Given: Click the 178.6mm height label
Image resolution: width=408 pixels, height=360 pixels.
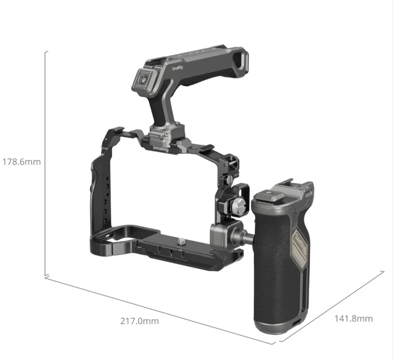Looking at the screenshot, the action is pos(22,162).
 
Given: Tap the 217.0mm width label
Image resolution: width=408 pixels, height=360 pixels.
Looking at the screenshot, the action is pos(140,321).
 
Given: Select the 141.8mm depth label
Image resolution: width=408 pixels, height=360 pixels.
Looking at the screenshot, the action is pos(353,318).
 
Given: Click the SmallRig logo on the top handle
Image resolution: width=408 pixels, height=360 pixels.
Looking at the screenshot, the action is pos(177,68).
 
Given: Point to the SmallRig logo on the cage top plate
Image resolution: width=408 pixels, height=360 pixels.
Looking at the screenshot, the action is pos(161,148).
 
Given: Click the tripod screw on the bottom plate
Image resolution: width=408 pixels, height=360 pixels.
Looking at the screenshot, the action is pos(180,242).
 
